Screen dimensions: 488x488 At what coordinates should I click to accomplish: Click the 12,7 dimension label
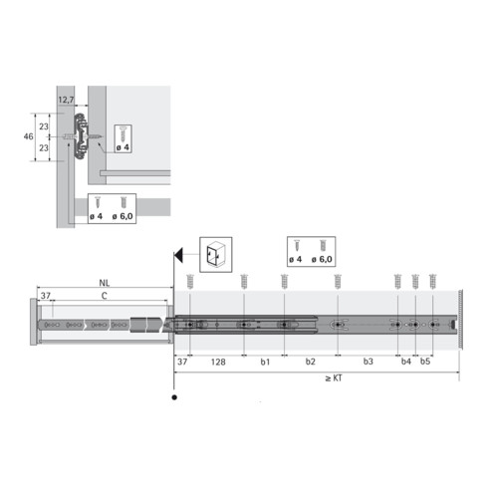coord(66,100)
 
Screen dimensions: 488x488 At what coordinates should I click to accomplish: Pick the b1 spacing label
coord(265,362)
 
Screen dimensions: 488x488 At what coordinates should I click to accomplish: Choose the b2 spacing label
coord(310,362)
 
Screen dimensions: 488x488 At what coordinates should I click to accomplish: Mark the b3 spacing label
coord(367,362)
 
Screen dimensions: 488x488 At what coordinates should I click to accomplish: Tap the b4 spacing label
coord(405,362)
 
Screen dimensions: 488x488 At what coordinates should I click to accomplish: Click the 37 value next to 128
coord(182,362)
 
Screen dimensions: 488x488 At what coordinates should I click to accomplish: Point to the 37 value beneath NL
coord(45,296)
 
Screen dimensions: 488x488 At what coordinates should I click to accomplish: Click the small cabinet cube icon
coord(215,255)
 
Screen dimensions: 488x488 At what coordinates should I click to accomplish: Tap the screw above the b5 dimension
coord(432,281)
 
